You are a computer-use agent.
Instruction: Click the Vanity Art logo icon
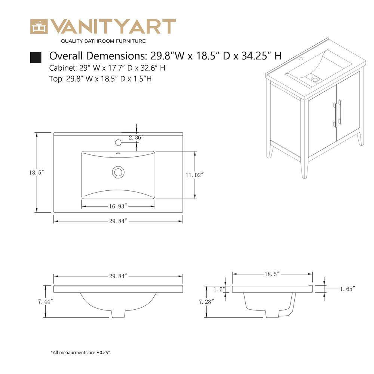(x=39, y=26)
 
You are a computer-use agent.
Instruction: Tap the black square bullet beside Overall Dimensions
(x=36, y=58)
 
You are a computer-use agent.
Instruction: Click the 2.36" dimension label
(x=136, y=137)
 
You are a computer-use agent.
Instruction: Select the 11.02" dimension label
(x=194, y=175)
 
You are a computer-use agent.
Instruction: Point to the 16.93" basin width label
(x=118, y=206)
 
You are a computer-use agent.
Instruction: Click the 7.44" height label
(x=45, y=301)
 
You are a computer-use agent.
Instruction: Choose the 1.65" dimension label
(x=347, y=289)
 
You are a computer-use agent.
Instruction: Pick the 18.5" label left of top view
(x=37, y=172)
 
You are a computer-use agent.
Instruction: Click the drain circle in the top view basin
(x=118, y=172)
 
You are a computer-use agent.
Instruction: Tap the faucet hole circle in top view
(x=118, y=142)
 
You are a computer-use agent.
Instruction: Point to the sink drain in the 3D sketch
(x=315, y=79)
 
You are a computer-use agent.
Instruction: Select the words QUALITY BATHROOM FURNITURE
(x=103, y=41)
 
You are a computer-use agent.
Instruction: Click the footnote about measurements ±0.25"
(x=81, y=352)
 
